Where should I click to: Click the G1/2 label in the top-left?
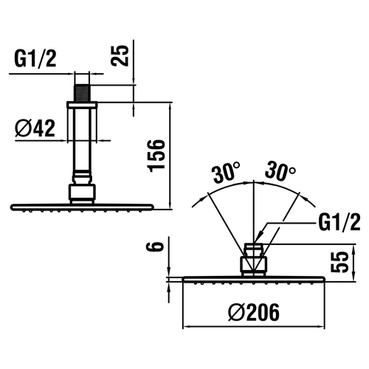(35, 59)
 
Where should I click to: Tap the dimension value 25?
(120, 55)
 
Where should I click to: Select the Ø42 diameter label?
(35, 128)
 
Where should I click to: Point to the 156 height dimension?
(156, 155)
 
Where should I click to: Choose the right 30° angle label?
(280, 170)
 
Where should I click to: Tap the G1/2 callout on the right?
(339, 222)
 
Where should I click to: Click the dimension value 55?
(339, 262)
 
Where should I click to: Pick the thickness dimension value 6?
(155, 246)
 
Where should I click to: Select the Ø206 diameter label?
(254, 312)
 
